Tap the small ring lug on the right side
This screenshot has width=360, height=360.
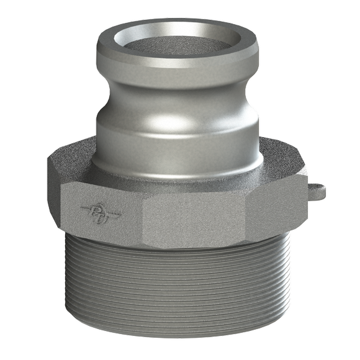317,187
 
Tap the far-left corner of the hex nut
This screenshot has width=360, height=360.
48,186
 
